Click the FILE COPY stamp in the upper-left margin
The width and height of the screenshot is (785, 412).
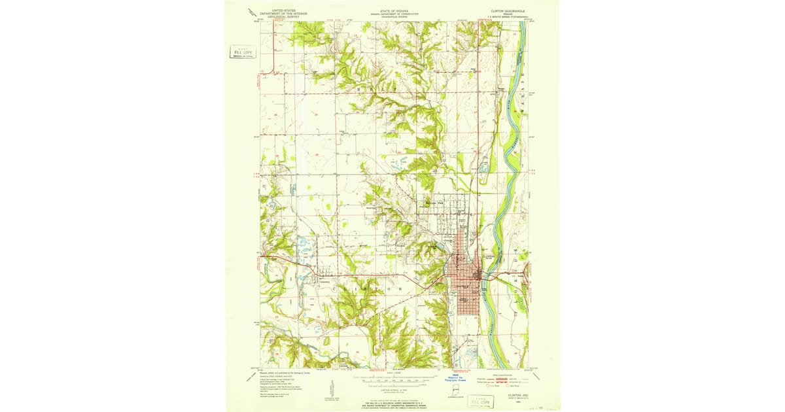pos(243,53)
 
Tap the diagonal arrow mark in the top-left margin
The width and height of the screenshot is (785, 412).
pos(251,12)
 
